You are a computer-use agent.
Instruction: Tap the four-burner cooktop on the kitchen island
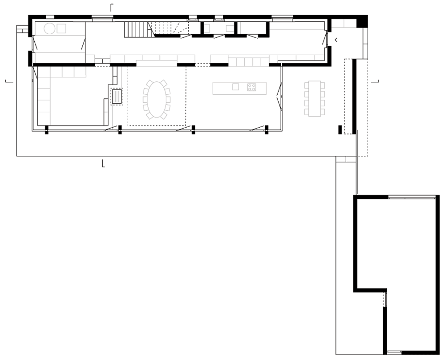point(252,87)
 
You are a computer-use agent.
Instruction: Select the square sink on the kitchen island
point(235,87)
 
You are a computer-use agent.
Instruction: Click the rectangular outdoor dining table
point(315,98)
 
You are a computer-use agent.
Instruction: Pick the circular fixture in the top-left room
point(49,29)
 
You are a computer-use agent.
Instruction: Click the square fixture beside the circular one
point(61,28)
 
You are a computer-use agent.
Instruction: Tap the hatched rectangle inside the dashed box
point(117,96)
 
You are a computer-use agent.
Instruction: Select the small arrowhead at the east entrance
point(336,40)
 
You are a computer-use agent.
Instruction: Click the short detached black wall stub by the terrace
point(340,129)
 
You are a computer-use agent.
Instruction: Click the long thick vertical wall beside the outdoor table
point(354,96)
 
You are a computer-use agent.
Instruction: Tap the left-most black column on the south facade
point(46,130)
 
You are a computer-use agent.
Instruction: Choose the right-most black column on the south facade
point(267,130)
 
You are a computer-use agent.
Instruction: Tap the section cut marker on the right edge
point(376,81)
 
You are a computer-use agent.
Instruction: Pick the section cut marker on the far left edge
point(8,81)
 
